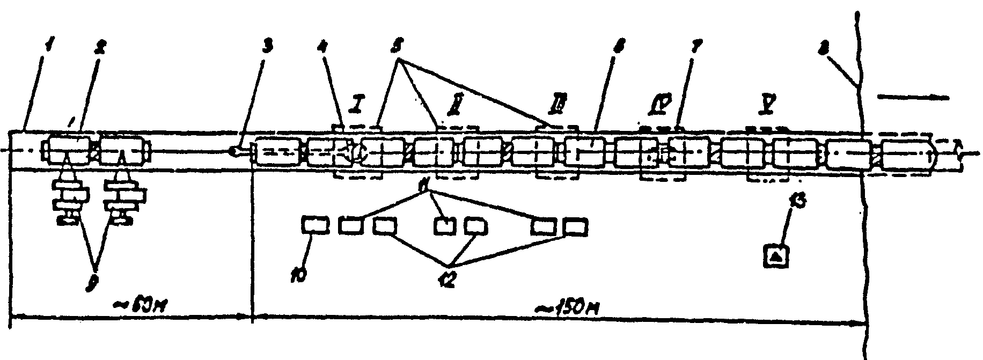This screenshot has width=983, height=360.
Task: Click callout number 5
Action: pos(398,48)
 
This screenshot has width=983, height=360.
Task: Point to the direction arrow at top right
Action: pos(912,98)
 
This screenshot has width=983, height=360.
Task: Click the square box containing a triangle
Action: pos(777,256)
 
